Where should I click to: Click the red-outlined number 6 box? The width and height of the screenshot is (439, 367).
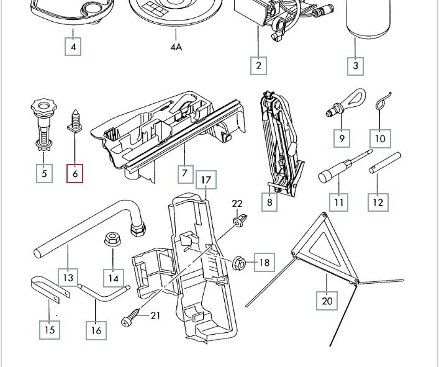pos(75,173)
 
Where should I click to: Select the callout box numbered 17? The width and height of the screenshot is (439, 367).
pos(207,181)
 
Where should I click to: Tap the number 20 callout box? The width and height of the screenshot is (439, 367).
pos(328,301)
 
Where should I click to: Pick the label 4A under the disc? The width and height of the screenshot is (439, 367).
pos(176,47)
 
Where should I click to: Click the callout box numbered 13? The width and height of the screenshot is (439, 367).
pos(68,277)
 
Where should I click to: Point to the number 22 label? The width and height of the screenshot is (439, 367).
pos(238,204)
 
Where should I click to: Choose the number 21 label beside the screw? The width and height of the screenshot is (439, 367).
pos(155,316)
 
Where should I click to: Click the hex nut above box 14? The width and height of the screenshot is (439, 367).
pos(112,238)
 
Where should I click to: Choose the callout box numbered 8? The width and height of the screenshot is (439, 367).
pos(269,202)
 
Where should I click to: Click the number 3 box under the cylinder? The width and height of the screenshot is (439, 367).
pos(356,65)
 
